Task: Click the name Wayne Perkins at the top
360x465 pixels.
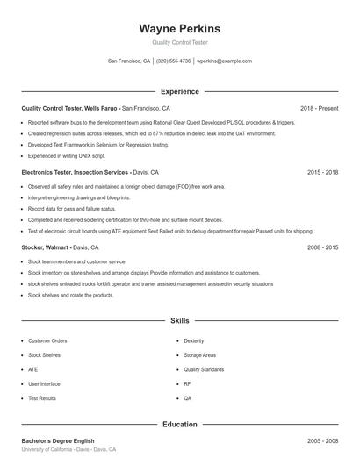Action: click(x=179, y=28)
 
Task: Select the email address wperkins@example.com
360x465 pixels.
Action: click(x=224, y=61)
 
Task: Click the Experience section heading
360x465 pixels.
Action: click(x=179, y=91)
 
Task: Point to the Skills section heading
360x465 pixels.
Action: click(x=179, y=321)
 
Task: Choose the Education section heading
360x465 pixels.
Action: click(x=179, y=425)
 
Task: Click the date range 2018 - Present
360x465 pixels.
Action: click(x=319, y=108)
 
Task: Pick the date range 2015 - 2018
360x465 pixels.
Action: click(x=323, y=173)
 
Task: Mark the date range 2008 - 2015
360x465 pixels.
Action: click(x=323, y=248)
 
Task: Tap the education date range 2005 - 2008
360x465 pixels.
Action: click(x=323, y=440)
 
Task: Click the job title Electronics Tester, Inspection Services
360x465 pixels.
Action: click(x=76, y=173)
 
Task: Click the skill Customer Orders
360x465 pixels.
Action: click(x=47, y=340)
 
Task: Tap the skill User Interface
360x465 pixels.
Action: click(x=44, y=383)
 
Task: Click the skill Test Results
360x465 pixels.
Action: click(x=41, y=398)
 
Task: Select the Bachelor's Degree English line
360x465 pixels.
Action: click(x=57, y=440)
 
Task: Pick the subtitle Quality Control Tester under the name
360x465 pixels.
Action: click(x=179, y=42)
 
